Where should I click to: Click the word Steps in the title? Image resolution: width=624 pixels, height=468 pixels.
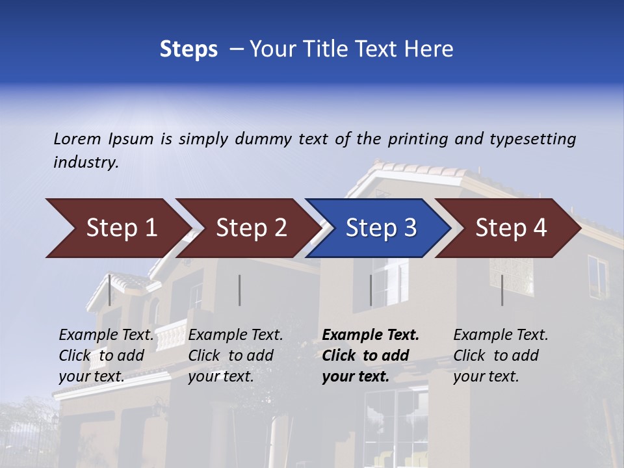188,49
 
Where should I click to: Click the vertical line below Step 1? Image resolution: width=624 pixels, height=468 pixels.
110,290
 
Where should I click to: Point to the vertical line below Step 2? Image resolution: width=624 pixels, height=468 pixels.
240,290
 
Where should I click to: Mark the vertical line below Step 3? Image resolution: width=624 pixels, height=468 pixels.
371,290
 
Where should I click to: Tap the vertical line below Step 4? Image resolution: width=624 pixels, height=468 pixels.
502,290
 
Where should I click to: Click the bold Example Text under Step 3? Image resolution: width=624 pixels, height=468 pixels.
370,356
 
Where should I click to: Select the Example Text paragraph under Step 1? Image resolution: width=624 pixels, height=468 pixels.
106,356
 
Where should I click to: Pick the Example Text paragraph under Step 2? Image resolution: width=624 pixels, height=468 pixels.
235,356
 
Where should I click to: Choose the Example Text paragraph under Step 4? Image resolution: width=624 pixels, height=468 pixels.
500,356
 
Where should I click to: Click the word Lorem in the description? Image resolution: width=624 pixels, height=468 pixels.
77,139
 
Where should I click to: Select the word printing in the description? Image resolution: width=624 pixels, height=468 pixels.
418,139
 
